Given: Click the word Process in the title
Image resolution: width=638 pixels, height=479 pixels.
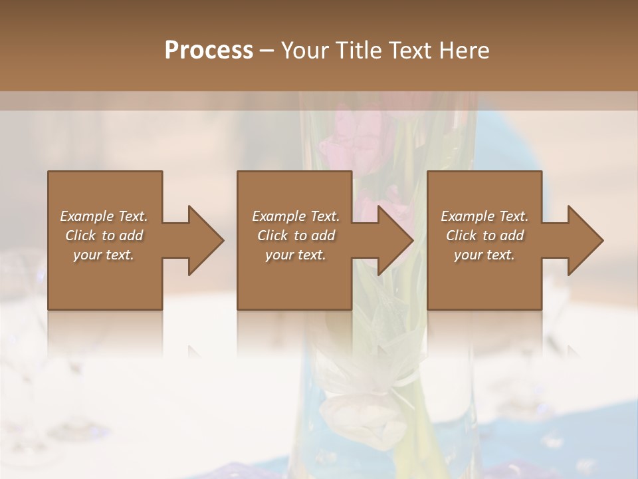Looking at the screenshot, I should click(x=209, y=51).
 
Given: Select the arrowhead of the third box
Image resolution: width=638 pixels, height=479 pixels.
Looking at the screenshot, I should click(x=584, y=240).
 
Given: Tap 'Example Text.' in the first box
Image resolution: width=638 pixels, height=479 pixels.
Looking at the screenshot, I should click(x=104, y=216).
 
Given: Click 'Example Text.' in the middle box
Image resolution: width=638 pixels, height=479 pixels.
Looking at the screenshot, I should click(x=296, y=216).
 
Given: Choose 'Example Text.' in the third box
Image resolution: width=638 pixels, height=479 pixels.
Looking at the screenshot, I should click(x=484, y=216).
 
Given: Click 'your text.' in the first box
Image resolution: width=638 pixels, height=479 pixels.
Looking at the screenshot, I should click(x=104, y=255).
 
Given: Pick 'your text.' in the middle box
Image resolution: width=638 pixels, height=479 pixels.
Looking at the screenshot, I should click(x=296, y=255).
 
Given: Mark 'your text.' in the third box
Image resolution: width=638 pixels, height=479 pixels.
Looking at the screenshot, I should click(x=484, y=255).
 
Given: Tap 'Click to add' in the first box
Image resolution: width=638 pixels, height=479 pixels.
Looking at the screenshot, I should click(x=104, y=236).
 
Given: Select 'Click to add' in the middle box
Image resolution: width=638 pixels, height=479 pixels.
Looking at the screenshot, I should click(x=296, y=236).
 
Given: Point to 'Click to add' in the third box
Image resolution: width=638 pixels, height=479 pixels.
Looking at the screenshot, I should click(x=484, y=236).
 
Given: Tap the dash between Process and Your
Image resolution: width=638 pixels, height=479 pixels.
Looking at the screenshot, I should click(x=266, y=51).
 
